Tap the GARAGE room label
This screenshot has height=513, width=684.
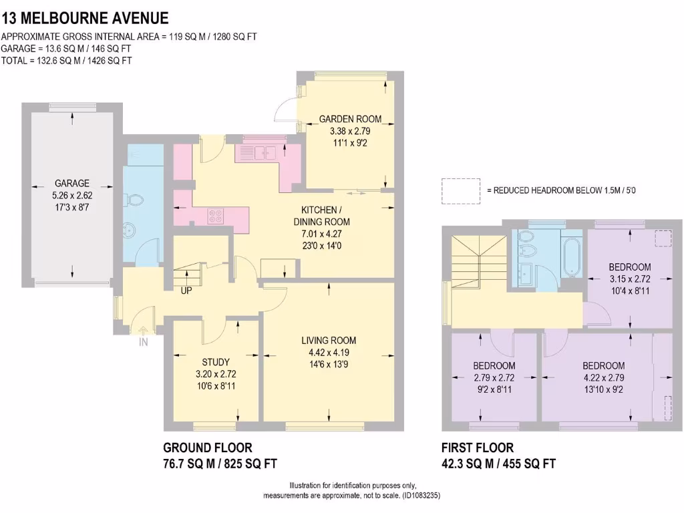tap(72, 183)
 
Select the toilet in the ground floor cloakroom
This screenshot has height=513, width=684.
tap(136, 200)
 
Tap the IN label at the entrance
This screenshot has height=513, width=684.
tap(143, 341)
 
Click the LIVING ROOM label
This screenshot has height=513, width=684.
tap(329, 340)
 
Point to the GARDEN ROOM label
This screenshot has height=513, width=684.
tap(350, 119)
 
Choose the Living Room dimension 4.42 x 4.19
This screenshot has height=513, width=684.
tap(329, 353)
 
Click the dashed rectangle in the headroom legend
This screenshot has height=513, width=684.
tap(461, 190)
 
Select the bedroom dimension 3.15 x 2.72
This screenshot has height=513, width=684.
tap(630, 279)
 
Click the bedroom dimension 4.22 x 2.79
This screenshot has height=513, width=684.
tap(603, 378)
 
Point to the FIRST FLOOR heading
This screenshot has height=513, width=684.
tap(478, 448)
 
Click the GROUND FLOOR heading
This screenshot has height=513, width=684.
tap(208, 448)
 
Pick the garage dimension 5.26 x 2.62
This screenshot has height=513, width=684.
tap(72, 196)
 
